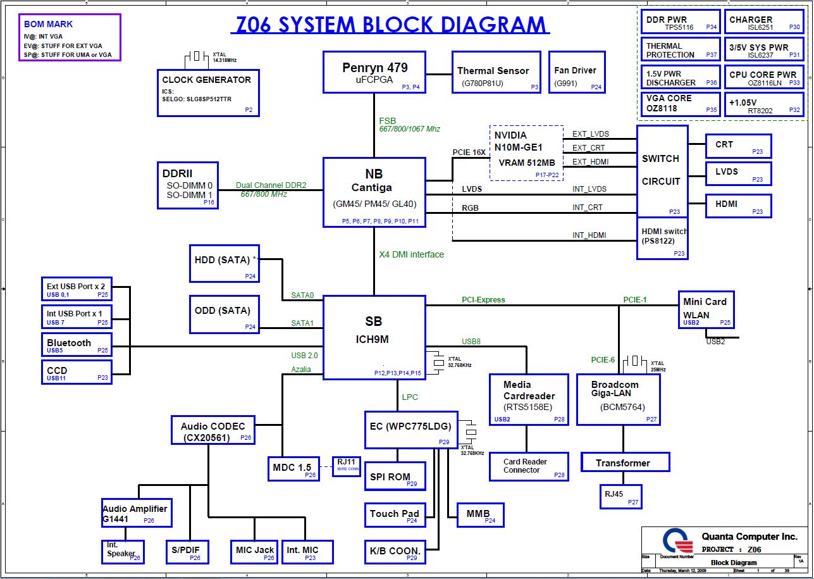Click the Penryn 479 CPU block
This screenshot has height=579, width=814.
[374, 72]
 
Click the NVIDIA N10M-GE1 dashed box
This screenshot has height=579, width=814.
[526, 153]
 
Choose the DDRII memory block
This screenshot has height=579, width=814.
[187, 185]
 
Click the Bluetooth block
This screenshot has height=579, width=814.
[77, 346]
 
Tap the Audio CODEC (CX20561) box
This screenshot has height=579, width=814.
[213, 430]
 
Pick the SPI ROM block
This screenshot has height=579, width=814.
[395, 476]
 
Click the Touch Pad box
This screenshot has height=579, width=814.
[395, 514]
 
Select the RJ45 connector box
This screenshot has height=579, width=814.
[620, 496]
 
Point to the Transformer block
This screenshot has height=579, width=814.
[624, 463]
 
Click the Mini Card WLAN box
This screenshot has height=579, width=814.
[706, 308]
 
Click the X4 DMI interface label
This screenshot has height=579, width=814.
[411, 254]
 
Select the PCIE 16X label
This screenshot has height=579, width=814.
[469, 153]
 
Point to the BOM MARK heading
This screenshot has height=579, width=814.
[48, 24]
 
